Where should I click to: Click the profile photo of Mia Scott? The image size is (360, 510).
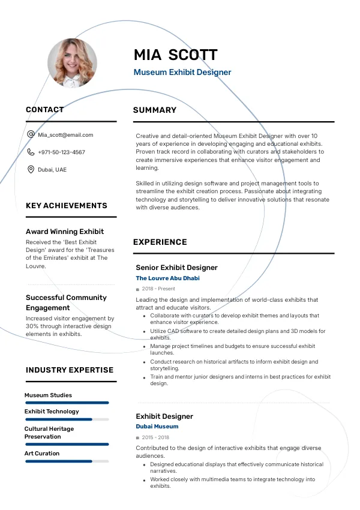tap(72, 62)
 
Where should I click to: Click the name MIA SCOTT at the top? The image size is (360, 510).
tap(175, 55)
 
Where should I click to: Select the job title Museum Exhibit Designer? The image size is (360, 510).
tap(182, 73)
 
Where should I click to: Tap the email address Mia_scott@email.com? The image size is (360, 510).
tap(65, 135)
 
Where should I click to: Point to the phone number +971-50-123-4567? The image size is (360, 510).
tap(61, 152)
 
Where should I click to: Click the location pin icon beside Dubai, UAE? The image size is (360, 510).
tap(31, 170)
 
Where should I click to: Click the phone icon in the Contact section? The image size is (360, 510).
tap(31, 152)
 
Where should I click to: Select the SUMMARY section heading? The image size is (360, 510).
tap(155, 110)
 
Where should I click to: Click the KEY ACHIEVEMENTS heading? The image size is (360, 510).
tap(67, 206)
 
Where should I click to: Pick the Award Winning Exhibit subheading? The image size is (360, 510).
tap(65, 232)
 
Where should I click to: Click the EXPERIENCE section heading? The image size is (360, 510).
tap(160, 242)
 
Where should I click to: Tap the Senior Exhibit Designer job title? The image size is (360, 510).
tap(176, 268)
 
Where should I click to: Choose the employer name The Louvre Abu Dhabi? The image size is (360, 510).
tap(167, 278)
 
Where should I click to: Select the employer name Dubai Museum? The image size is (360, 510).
tap(157, 427)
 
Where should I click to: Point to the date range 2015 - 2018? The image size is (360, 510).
tap(155, 437)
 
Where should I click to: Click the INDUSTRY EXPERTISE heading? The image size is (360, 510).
tap(70, 370)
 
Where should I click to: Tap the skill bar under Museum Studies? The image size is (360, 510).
tap(67, 403)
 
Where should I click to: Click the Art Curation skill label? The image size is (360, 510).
tap(42, 454)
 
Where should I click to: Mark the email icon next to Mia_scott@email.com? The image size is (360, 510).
tap(31, 135)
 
